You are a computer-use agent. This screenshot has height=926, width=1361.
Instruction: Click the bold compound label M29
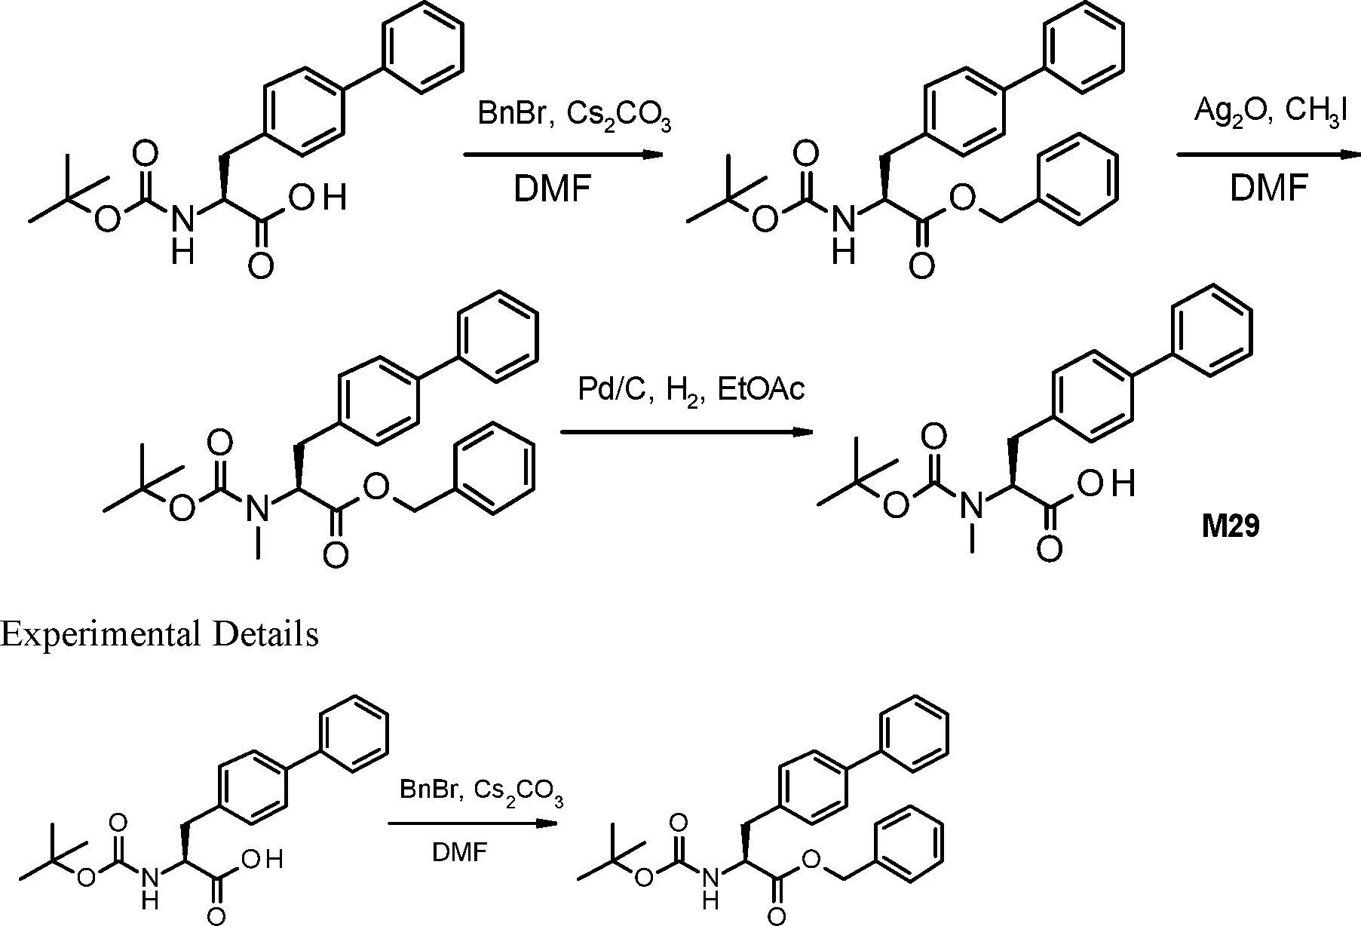(1231, 526)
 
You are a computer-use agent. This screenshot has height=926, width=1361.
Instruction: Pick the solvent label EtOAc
(762, 390)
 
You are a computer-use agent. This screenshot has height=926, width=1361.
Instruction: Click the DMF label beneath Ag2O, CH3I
(1268, 189)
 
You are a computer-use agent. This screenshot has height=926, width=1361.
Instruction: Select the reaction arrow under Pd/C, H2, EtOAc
(686, 432)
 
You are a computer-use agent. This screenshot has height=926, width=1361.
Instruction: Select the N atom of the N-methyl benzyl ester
(258, 507)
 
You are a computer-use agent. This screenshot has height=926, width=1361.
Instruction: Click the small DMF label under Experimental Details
(460, 853)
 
